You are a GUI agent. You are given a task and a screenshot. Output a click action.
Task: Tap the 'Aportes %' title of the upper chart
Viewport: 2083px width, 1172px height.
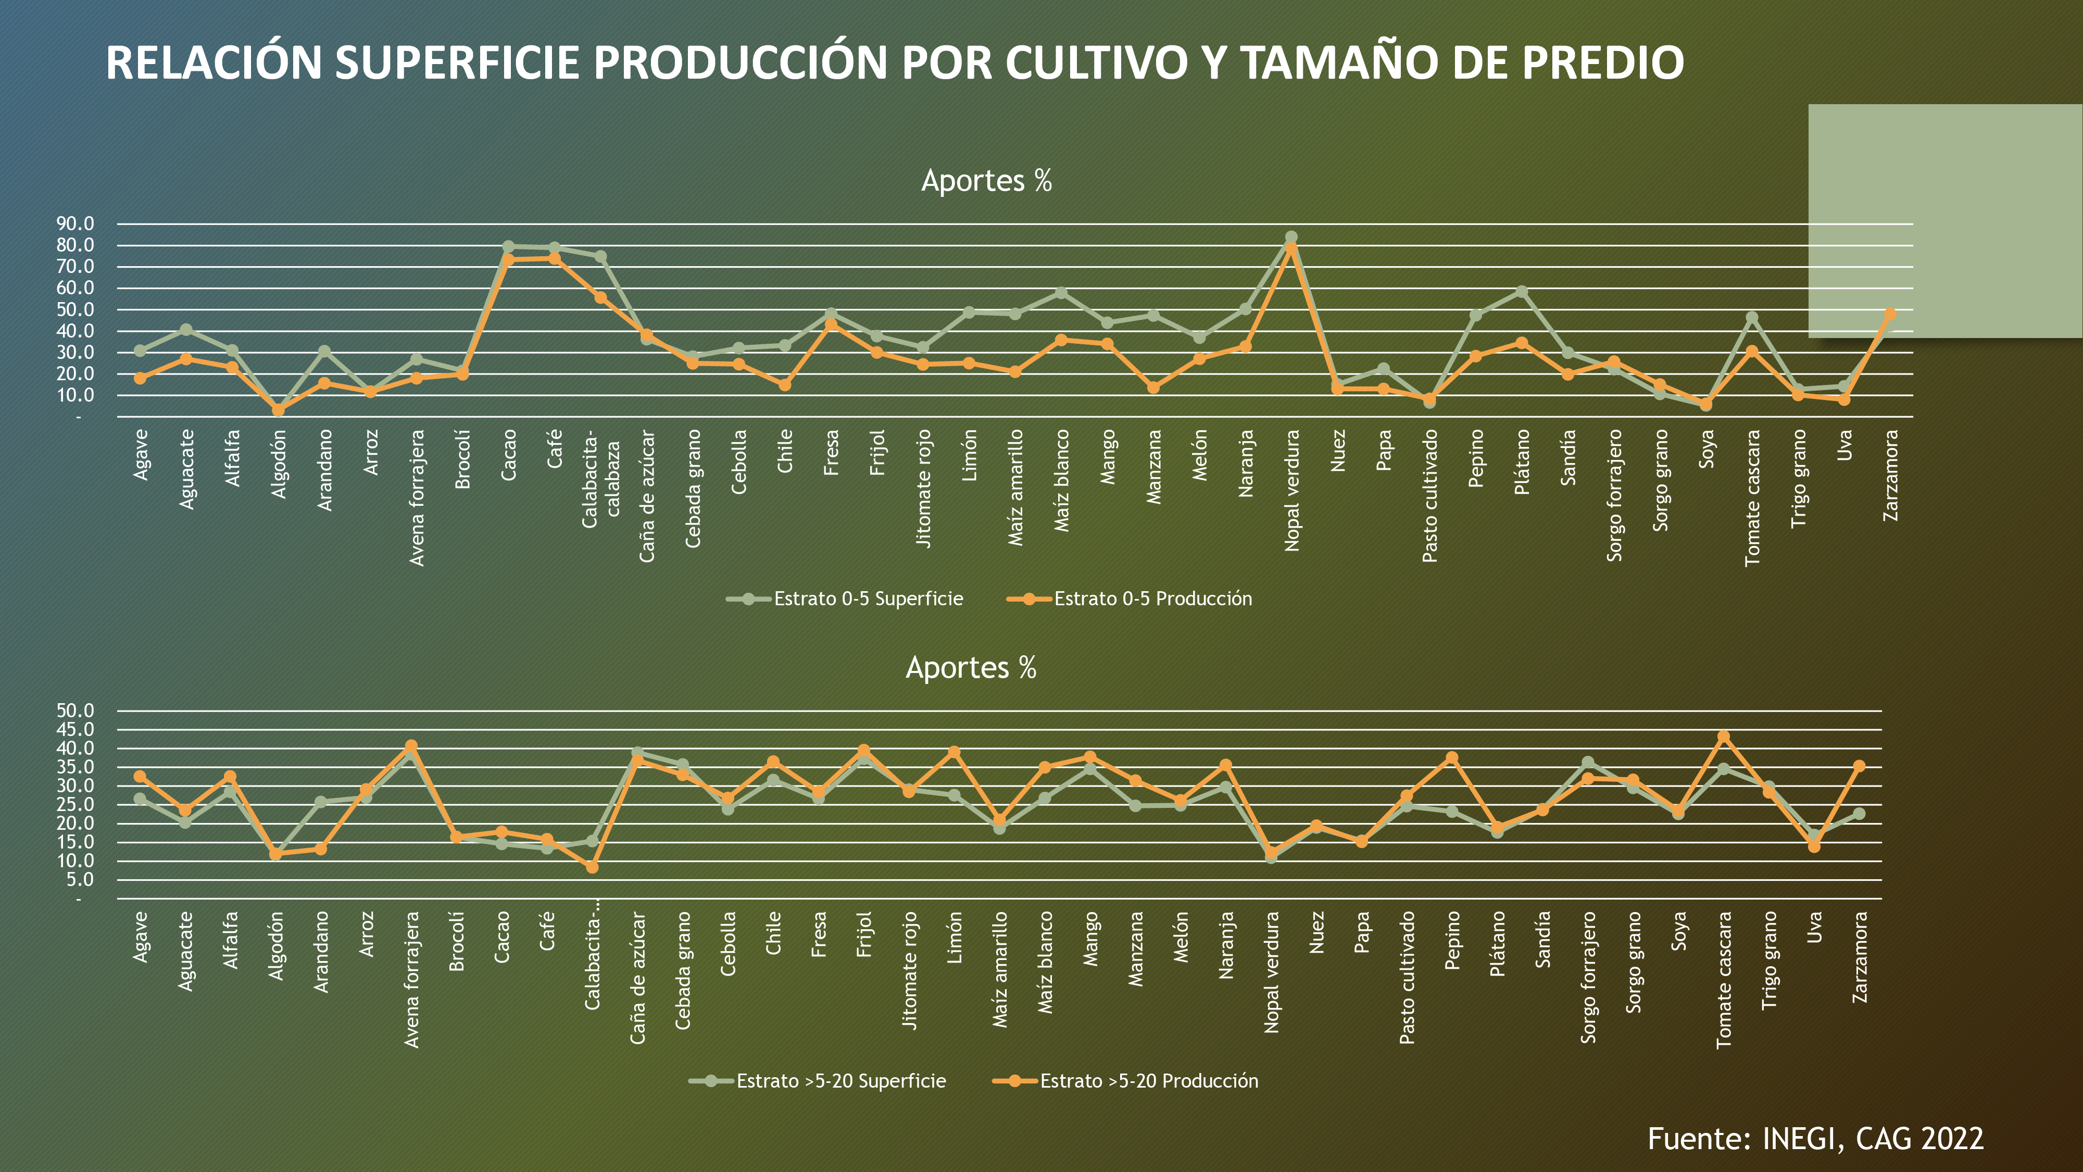coord(986,180)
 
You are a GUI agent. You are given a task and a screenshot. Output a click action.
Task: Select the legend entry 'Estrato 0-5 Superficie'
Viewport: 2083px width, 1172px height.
coord(868,599)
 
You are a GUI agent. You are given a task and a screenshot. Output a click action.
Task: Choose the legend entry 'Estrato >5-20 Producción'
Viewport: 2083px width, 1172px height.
coord(1148,1081)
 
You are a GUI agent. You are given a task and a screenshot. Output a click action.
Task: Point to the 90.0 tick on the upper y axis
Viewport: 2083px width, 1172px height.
coord(75,223)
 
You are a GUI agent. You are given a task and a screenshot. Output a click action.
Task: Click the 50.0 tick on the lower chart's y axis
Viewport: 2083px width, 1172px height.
coord(75,710)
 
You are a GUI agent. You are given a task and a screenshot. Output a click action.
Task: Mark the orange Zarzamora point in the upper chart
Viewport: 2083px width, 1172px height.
coord(1890,314)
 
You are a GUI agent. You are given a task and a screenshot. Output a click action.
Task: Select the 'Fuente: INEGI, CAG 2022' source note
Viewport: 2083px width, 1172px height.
coord(1815,1139)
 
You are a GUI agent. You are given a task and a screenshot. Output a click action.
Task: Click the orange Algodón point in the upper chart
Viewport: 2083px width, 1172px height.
coord(278,410)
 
